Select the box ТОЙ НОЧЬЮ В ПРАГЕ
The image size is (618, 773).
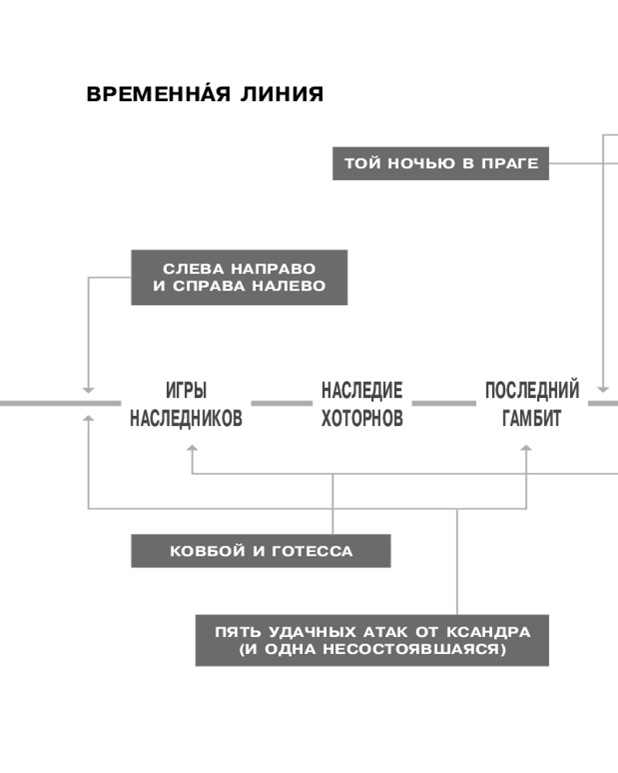[440, 164]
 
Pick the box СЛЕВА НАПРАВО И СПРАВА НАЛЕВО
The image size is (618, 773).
[239, 278]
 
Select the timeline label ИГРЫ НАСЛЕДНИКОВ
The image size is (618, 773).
[185, 404]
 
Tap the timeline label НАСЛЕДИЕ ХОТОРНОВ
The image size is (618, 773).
[362, 404]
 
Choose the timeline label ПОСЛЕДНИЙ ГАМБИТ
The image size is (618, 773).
[531, 404]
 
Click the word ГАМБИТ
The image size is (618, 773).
[531, 418]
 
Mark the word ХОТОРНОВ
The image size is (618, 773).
[362, 418]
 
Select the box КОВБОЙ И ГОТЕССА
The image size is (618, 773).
[260, 551]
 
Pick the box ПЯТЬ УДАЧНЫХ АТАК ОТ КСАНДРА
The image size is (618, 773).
[372, 640]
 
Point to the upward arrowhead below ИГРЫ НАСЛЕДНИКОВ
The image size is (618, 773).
[192, 450]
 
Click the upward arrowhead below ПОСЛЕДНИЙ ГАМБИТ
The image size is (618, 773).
[527, 450]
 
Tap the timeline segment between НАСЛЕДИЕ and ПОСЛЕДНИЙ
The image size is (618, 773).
[443, 404]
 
